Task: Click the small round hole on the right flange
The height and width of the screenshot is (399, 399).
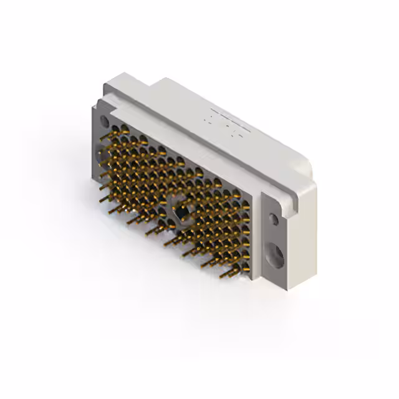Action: click(274, 219)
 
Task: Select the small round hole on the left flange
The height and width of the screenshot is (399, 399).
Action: click(105, 122)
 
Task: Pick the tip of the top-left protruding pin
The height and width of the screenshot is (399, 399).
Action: click(101, 138)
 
